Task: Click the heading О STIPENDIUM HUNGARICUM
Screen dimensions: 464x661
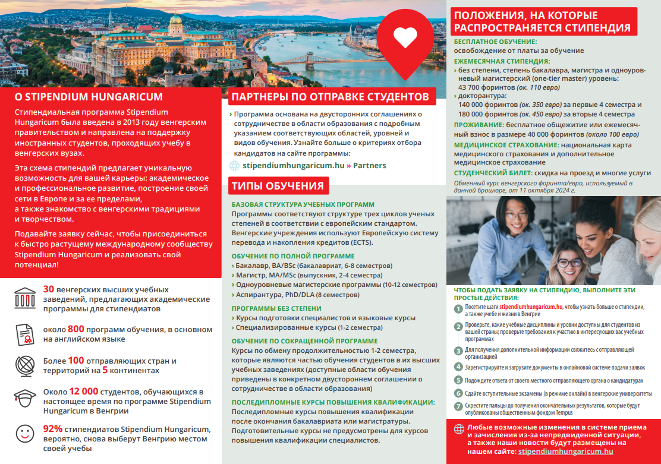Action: pyautogui.click(x=89, y=97)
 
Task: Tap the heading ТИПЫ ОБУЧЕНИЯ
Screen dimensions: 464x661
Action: pyautogui.click(x=277, y=186)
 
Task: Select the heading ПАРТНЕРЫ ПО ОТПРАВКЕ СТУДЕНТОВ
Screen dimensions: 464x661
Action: pyautogui.click(x=330, y=97)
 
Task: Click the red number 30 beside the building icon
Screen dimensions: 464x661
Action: pyautogui.click(x=49, y=289)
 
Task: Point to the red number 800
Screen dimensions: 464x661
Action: pyautogui.click(x=75, y=329)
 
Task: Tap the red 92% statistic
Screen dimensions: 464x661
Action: pyautogui.click(x=52, y=429)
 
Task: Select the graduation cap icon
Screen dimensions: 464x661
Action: pyautogui.click(x=24, y=397)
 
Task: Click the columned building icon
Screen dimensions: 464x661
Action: pyautogui.click(x=24, y=298)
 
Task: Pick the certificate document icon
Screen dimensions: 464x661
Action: pyautogui.click(x=24, y=334)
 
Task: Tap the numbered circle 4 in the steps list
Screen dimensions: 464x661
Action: pyautogui.click(x=458, y=367)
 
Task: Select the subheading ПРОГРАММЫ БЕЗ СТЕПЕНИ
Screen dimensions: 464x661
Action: pyautogui.click(x=276, y=308)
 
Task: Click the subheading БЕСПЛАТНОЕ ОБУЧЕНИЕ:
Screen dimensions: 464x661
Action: pyautogui.click(x=495, y=42)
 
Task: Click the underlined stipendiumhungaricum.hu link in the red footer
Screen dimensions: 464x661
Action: pyautogui.click(x=565, y=452)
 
